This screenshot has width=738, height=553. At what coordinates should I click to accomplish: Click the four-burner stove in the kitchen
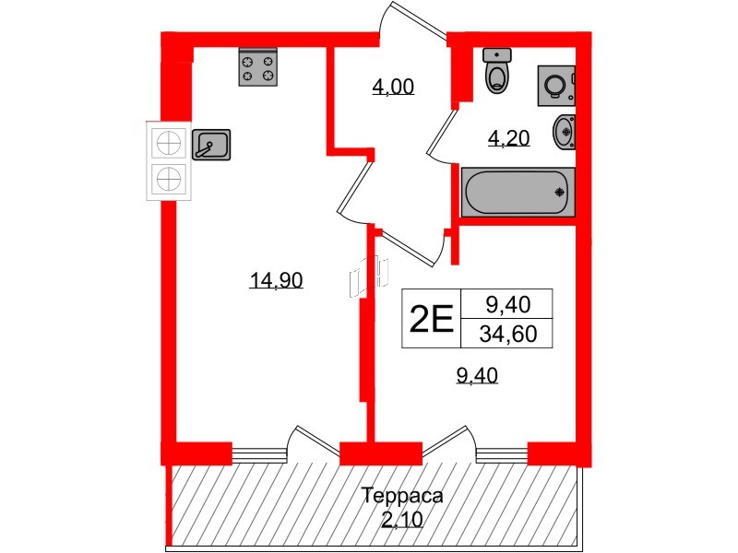tap(257, 67)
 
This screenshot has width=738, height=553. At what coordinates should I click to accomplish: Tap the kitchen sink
tap(211, 143)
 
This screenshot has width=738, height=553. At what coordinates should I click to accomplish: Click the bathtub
tap(517, 192)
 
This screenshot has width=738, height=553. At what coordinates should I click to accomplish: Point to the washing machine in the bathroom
tap(556, 87)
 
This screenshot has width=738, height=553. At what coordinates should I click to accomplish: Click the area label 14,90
tap(277, 281)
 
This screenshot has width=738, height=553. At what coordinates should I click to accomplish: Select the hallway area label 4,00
tap(392, 88)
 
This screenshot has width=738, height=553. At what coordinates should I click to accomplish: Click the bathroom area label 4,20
tap(507, 139)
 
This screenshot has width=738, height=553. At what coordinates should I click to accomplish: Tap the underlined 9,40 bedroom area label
tap(477, 374)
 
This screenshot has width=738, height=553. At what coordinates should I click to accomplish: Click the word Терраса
tap(401, 496)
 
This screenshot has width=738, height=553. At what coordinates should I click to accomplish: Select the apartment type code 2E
tap(431, 319)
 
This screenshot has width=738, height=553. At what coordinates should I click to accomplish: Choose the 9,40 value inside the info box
tap(506, 302)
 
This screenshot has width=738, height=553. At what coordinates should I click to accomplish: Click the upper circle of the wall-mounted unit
tap(169, 143)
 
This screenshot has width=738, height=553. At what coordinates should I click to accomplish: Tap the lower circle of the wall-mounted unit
tap(169, 179)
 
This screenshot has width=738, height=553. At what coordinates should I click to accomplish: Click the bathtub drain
tap(559, 192)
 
